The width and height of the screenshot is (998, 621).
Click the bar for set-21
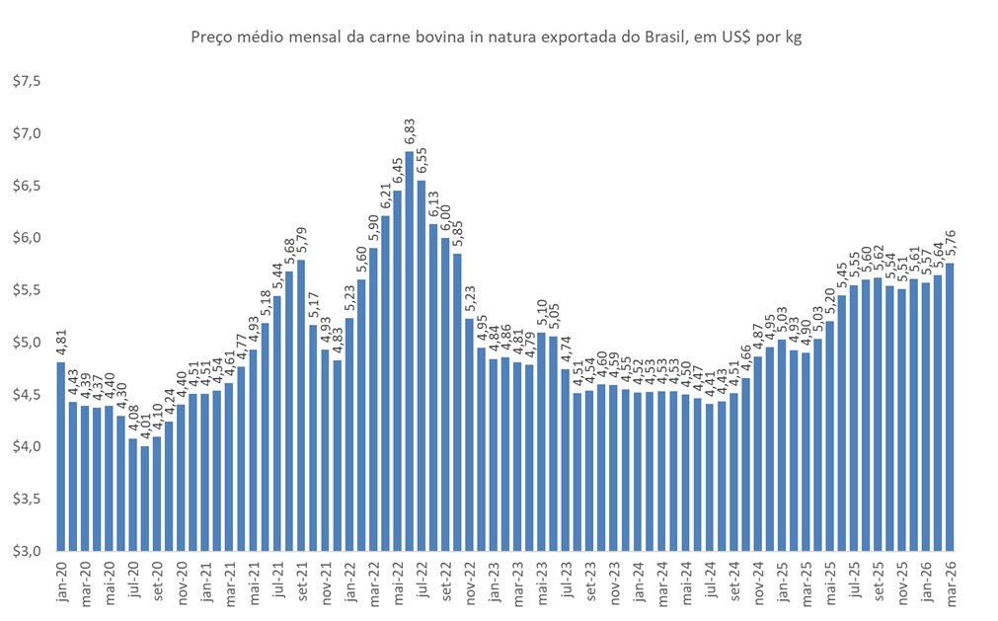tap(300, 405)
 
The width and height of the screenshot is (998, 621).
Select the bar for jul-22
tap(421, 365)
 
